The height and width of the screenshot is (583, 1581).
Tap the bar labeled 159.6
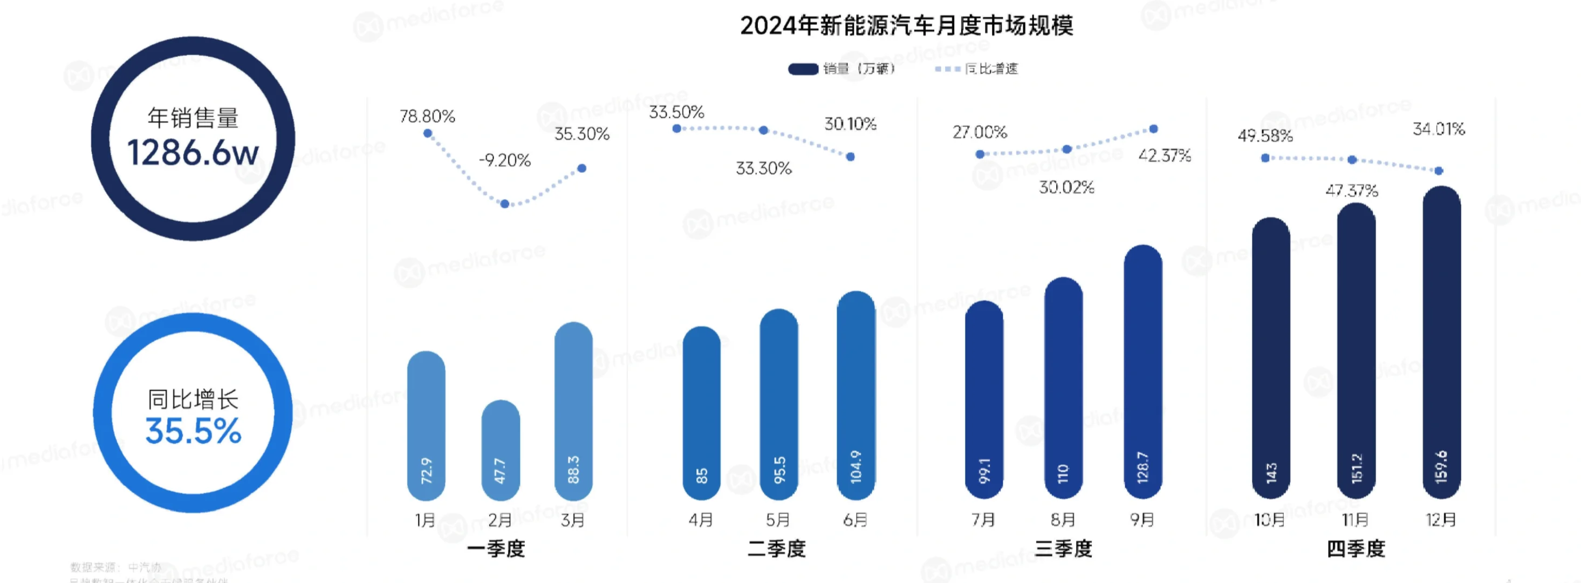tap(1441, 344)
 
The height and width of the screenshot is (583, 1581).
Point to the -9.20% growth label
tap(504, 160)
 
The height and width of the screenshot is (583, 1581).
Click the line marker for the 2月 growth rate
tap(504, 204)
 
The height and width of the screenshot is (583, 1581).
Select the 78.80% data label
tap(427, 116)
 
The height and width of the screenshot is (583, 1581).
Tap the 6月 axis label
tap(855, 520)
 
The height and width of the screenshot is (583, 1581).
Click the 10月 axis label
tap(1269, 520)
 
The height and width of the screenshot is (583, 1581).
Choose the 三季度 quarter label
tap(1063, 548)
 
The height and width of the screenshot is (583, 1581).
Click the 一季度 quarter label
tap(496, 548)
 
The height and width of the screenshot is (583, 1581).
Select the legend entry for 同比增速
tap(977, 69)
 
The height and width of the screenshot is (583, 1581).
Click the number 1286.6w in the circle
tap(193, 152)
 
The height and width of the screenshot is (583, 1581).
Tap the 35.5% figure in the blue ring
tap(193, 431)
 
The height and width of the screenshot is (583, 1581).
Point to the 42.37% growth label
tap(1164, 155)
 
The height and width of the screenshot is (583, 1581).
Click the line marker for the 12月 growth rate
tap(1439, 171)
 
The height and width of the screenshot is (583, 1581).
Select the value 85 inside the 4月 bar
tap(702, 476)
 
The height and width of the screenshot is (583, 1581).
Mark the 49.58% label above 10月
tap(1265, 136)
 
